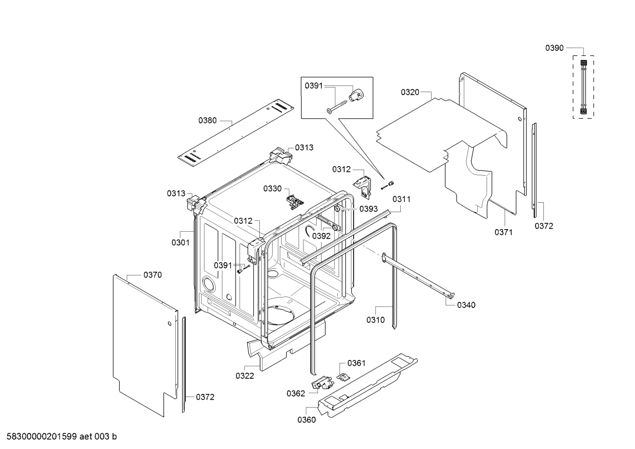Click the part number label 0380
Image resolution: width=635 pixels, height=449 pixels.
coord(207,120)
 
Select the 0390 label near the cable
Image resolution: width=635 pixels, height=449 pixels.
coord(554,48)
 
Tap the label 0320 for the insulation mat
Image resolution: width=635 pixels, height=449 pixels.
coord(410,92)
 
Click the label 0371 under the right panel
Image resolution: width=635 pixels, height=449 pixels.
coord(503,232)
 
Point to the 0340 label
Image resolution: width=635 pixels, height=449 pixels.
coord(466,305)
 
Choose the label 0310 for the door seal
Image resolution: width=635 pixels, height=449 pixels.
coord(376,320)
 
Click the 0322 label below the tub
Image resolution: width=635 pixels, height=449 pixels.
coord(245,376)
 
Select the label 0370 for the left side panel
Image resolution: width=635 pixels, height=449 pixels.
coord(153,275)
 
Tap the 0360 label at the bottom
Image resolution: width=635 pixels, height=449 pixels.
coord(306,420)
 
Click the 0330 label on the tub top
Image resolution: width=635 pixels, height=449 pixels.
coord(273,189)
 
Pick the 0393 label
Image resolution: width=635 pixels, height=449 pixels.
coord(368,209)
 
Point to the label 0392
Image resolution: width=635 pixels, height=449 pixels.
coord(321,236)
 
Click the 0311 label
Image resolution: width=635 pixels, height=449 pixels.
coord(402,199)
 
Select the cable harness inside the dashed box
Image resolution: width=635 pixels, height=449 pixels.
coord(583,87)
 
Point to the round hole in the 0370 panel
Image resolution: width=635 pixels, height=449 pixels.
coord(169,325)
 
